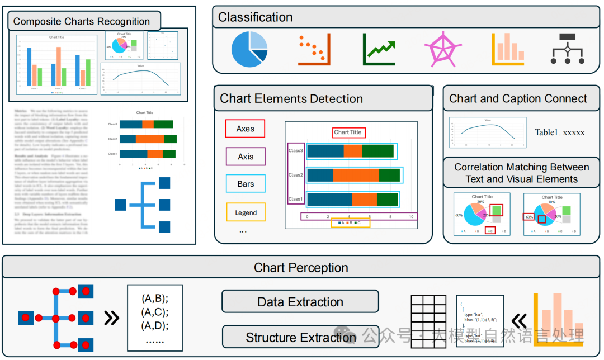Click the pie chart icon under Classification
(x=249, y=49)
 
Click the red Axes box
(x=245, y=129)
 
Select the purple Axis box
(x=246, y=157)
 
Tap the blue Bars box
(x=246, y=184)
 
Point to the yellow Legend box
(x=246, y=212)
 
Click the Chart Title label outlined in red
(x=348, y=132)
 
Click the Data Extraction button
(x=300, y=302)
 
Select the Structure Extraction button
(x=300, y=337)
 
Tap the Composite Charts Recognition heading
(x=82, y=21)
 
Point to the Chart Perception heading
(x=301, y=268)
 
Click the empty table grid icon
(x=430, y=322)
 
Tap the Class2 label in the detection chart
(x=296, y=175)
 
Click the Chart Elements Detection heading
(x=291, y=99)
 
